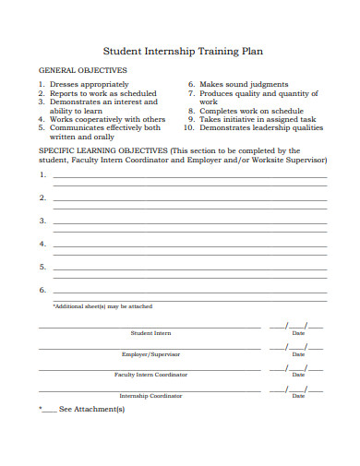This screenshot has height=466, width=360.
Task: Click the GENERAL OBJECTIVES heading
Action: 82,70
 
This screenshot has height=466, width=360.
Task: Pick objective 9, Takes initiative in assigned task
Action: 258,119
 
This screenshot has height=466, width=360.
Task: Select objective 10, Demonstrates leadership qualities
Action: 263,128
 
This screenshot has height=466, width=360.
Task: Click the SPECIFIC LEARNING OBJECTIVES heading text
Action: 102,149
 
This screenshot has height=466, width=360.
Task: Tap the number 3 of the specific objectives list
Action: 42,221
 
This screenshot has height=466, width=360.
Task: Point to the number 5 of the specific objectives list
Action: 42,268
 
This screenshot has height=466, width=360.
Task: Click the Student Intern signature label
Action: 150,333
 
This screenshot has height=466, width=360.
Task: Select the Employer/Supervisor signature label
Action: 150,354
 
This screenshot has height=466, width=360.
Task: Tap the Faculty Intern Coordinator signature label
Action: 150,375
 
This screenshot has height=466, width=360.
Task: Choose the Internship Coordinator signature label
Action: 150,395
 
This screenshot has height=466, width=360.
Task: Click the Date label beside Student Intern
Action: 298,333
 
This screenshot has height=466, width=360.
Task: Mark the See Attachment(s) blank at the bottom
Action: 49,409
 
